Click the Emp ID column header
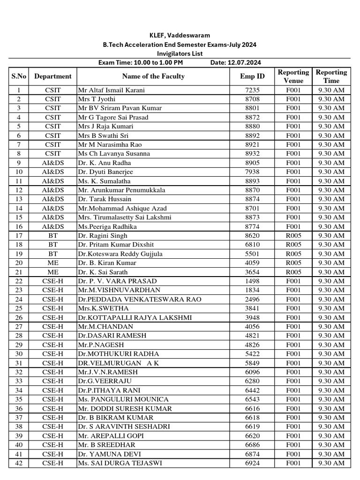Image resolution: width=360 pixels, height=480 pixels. pyautogui.click(x=252, y=76)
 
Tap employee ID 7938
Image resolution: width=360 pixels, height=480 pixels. pyautogui.click(x=252, y=172)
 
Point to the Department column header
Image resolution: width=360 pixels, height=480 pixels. pyautogui.click(x=53, y=76)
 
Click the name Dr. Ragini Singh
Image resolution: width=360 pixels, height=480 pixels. pyautogui.click(x=103, y=236)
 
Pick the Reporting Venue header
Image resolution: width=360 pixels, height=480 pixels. pyautogui.click(x=293, y=76)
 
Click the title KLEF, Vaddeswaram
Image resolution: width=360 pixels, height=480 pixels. pyautogui.click(x=180, y=36)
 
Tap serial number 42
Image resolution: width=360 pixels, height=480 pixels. pyautogui.click(x=19, y=463)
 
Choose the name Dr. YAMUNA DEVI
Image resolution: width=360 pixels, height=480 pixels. pyautogui.click(x=110, y=454)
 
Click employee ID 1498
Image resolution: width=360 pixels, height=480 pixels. pyautogui.click(x=252, y=281)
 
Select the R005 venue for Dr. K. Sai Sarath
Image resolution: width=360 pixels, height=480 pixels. pyautogui.click(x=293, y=272)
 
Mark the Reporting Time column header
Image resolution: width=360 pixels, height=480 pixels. pyautogui.click(x=331, y=76)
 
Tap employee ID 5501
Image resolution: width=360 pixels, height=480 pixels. pyautogui.click(x=252, y=254)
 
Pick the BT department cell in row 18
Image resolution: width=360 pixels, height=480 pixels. pyautogui.click(x=53, y=245)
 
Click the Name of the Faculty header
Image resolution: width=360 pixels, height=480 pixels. pyautogui.click(x=153, y=76)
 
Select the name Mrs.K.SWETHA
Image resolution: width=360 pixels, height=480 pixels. pyautogui.click(x=101, y=308)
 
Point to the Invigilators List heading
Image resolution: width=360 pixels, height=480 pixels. pyautogui.click(x=180, y=54)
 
